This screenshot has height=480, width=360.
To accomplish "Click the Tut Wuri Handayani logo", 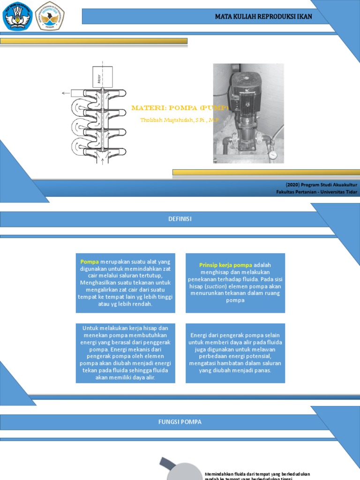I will pos(18,16).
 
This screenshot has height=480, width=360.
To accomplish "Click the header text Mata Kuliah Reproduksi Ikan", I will pos(263,16).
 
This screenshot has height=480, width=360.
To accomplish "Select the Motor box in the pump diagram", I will pos(102,76).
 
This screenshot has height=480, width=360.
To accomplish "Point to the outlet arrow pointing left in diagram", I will pos(65,93).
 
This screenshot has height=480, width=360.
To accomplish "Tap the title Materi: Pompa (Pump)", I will pos(179,108).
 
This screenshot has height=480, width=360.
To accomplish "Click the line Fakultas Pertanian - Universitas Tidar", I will pos(317,192).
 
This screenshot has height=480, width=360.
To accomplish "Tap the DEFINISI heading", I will pos(180,219).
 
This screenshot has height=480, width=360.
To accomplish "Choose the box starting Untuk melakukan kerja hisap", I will pos(125,352).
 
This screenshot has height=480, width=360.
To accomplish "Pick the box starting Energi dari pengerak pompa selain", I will pos(235,352).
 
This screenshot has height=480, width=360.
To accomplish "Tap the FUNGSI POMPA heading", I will pos(180,422).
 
